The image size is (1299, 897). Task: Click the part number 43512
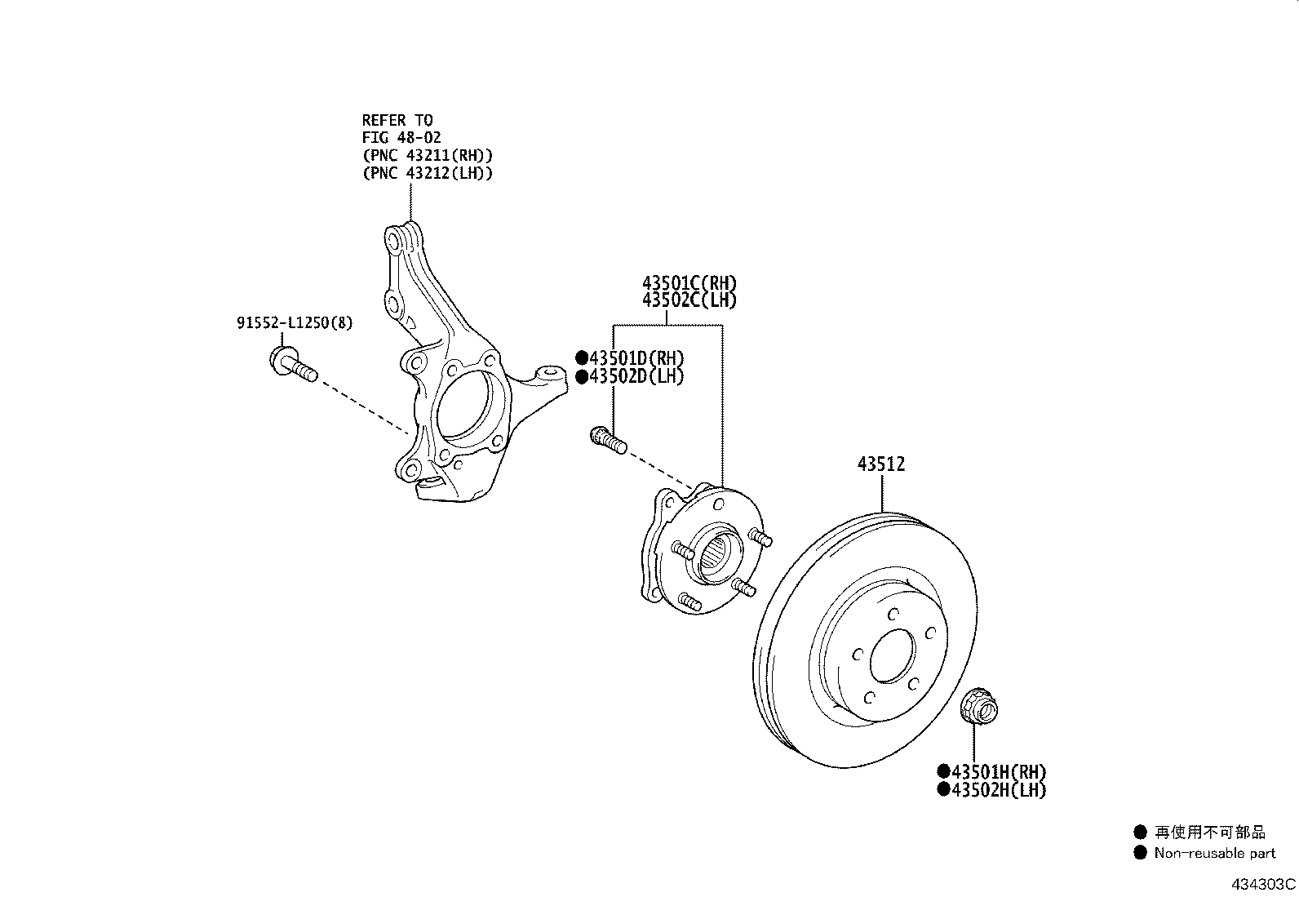coord(880,464)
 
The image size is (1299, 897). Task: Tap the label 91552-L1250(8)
coord(295,323)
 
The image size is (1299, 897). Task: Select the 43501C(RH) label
coord(689,283)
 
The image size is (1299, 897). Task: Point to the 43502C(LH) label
coord(689,300)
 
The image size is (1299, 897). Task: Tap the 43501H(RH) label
coord(997,771)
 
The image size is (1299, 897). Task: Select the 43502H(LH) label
coord(997,789)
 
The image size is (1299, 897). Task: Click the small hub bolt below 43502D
coord(606,440)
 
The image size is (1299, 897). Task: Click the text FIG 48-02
coord(401,138)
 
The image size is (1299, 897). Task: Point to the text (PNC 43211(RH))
coord(428,155)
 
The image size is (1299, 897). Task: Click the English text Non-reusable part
coord(1214,853)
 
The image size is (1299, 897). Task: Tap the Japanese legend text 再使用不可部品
coord(1209,833)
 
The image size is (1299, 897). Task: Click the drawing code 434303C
coord(1264,884)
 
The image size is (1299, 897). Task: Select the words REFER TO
coord(397,120)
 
